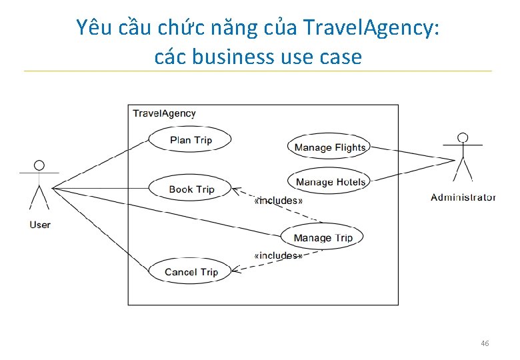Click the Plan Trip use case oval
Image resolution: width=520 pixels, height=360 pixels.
(x=190, y=140)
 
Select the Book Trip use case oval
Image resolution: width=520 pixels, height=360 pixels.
(x=191, y=189)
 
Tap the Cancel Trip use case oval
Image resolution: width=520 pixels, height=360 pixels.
(x=191, y=272)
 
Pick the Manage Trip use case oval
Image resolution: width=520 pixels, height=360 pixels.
(x=323, y=237)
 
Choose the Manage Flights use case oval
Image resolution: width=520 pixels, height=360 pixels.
(x=329, y=147)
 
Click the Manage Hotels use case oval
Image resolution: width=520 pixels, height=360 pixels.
(x=330, y=181)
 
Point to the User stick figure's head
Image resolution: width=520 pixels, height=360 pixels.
(x=39, y=165)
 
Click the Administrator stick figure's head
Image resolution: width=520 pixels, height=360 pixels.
(x=462, y=138)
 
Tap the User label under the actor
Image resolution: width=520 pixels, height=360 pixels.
(x=40, y=225)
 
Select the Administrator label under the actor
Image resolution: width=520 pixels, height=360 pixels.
(x=463, y=197)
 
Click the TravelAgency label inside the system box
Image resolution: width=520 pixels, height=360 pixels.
(x=164, y=113)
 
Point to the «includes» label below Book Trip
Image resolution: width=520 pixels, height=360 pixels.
(x=279, y=200)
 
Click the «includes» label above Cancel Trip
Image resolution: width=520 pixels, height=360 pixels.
(x=278, y=255)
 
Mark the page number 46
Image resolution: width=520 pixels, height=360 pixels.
(x=485, y=343)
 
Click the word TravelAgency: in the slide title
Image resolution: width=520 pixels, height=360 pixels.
(x=371, y=28)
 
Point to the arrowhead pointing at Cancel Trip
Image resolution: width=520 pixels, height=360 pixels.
(x=235, y=271)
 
